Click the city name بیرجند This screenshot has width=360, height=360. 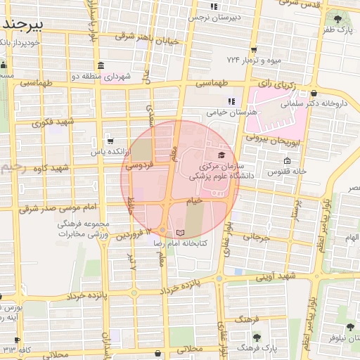(23, 24)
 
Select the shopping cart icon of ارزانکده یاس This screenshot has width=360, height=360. (108, 141)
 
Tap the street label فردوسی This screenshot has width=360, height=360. (139, 166)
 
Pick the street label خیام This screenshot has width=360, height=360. (195, 200)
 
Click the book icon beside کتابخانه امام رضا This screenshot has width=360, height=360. (180, 232)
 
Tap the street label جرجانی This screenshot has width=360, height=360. (256, 237)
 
